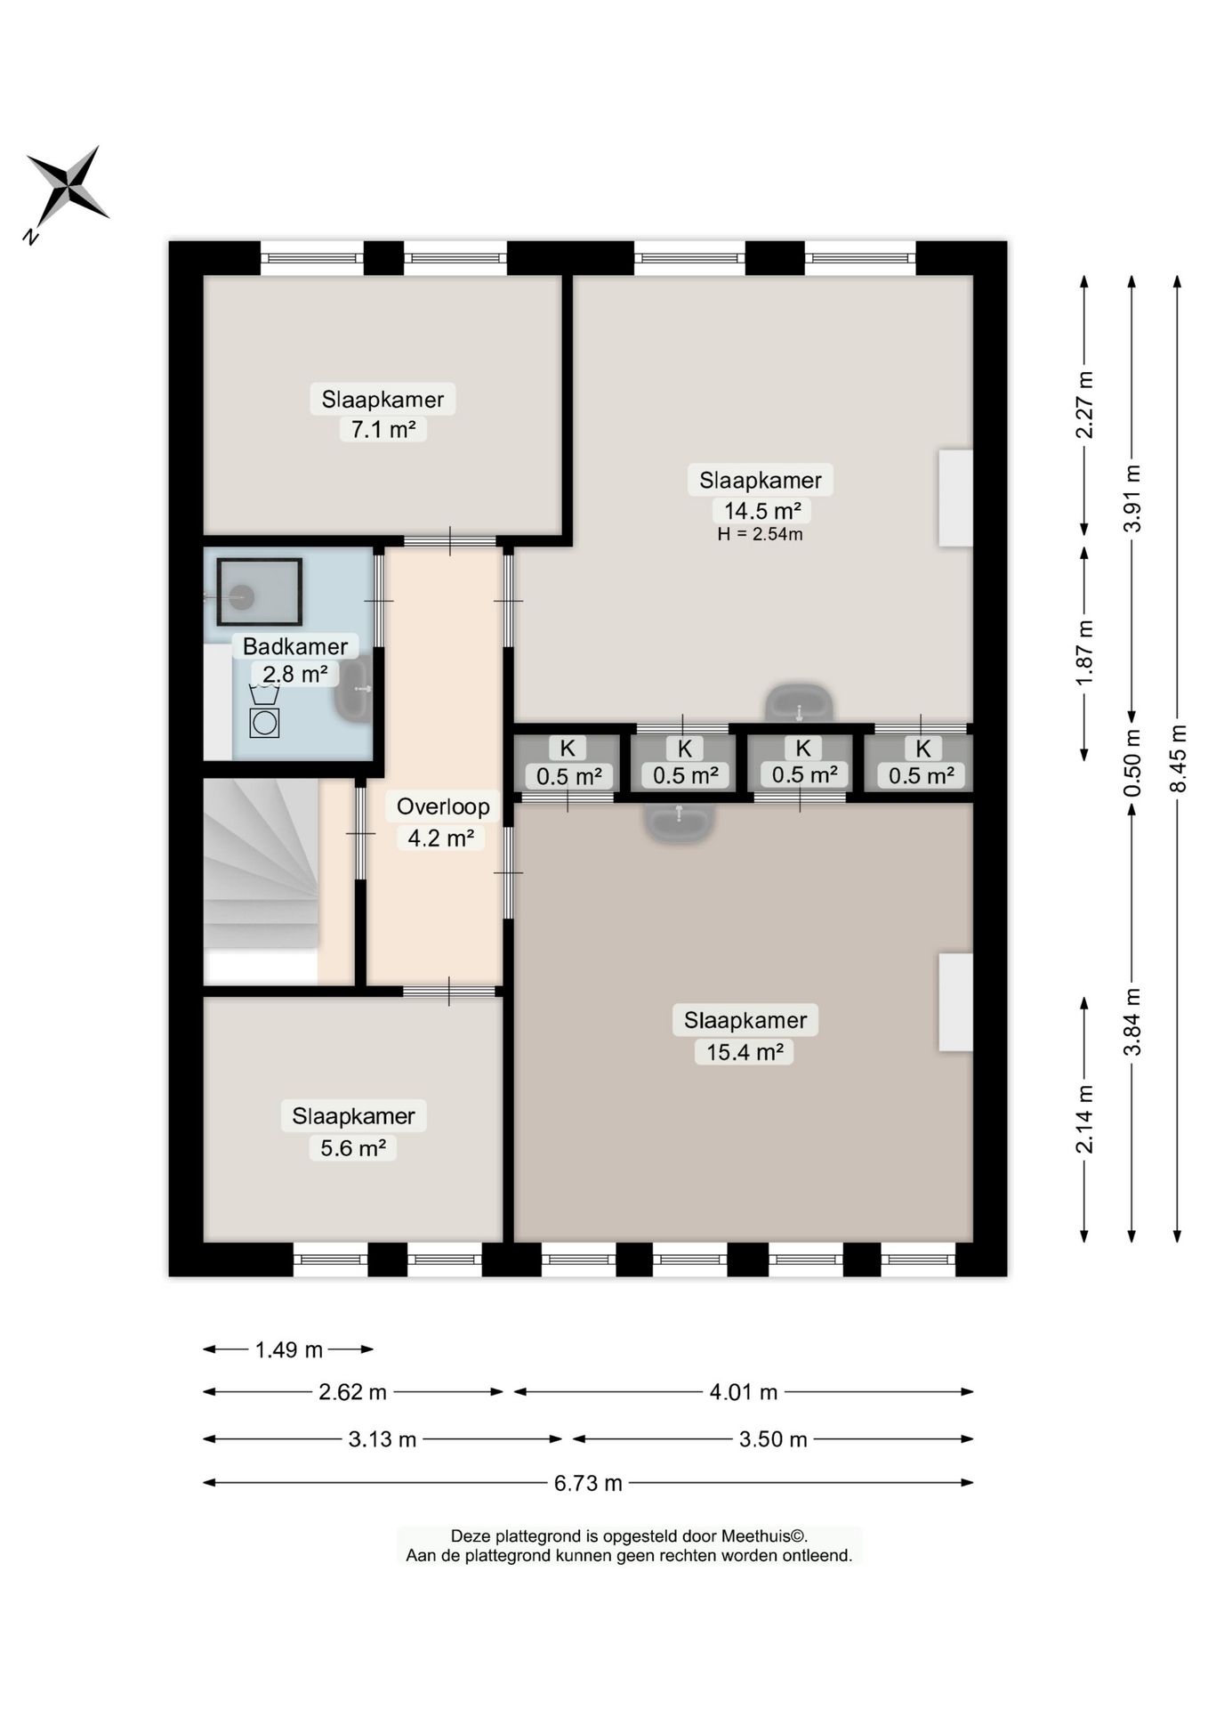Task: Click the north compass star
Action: point(67,186)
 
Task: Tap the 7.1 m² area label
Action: point(383,430)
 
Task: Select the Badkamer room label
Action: point(295,646)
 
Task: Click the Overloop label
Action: point(443,806)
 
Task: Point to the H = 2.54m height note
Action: point(761,535)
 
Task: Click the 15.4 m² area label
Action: point(745,1052)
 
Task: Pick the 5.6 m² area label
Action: point(353,1148)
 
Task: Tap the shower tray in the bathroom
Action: point(260,592)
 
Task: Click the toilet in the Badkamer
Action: point(264,709)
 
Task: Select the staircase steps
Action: point(261,863)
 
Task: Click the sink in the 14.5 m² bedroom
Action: point(800,703)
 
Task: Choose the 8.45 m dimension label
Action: point(1178,758)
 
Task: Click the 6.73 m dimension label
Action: point(588,1483)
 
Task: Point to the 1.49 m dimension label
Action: point(289,1349)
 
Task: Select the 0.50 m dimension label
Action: point(1131,764)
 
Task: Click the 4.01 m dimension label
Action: point(744,1392)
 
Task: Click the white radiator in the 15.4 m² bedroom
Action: point(956,1002)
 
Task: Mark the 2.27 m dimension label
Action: point(1084,405)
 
